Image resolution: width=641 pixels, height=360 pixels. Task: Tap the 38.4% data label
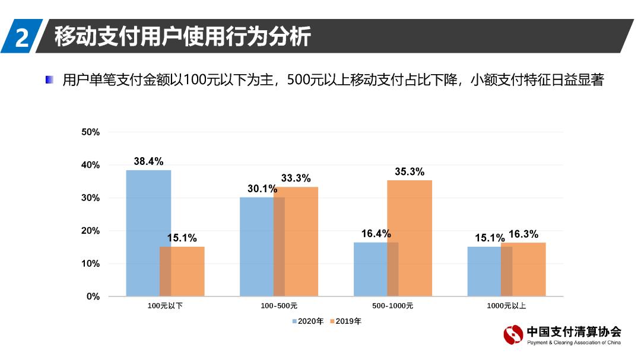(148, 161)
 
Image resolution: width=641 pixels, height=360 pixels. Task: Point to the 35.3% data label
(410, 172)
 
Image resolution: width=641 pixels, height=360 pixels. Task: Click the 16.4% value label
(376, 234)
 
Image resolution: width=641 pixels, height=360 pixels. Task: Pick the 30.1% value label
(262, 189)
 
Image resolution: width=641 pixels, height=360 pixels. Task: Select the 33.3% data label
(296, 179)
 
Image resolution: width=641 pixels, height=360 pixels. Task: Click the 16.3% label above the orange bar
(523, 234)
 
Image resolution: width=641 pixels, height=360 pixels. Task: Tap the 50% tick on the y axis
(90, 132)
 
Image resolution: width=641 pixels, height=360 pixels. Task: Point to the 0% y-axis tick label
(93, 297)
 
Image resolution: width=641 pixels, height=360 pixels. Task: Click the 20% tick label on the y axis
(90, 231)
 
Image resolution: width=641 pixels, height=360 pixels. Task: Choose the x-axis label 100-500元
(279, 307)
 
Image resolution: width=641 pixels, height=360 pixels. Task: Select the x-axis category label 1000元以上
(506, 307)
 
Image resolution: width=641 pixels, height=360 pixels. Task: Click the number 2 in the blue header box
(21, 37)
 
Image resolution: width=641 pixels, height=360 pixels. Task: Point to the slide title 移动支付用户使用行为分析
(182, 36)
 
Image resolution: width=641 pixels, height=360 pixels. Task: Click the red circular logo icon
(513, 335)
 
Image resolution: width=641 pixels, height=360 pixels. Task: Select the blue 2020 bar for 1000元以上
(484, 271)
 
